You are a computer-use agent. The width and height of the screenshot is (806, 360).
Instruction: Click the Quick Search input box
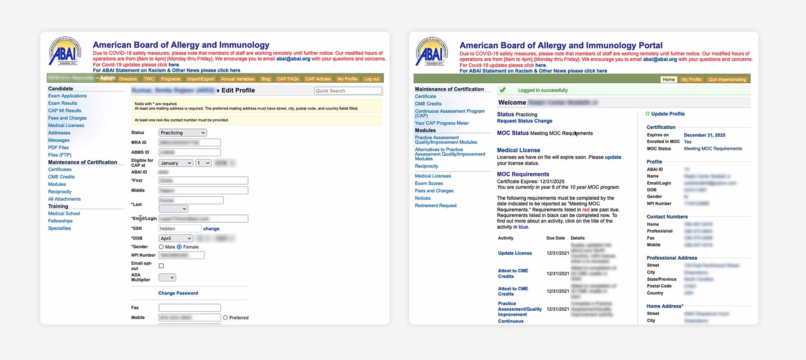click(348, 91)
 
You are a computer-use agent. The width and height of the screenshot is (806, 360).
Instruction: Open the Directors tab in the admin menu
click(128, 79)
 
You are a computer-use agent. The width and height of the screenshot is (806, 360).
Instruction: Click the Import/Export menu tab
click(201, 79)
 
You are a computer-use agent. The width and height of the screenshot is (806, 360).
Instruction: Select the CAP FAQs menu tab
click(287, 79)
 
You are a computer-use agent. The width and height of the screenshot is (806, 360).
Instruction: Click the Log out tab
click(372, 79)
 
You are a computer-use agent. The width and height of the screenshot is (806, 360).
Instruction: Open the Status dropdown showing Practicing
click(183, 133)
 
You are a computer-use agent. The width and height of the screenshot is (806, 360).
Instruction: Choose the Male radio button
click(161, 247)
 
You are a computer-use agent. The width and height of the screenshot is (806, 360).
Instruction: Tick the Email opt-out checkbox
click(161, 266)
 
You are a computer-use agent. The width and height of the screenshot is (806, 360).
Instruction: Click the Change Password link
click(178, 293)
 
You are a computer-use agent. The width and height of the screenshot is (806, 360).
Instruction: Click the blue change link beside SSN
click(211, 229)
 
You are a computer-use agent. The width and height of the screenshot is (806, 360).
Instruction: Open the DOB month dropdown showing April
click(176, 238)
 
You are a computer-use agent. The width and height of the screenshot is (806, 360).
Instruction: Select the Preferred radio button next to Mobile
click(225, 317)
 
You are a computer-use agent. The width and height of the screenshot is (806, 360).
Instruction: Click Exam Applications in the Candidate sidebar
click(67, 96)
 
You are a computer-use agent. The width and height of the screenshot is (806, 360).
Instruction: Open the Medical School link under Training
click(64, 214)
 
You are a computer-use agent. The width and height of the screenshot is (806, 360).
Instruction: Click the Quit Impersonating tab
click(727, 79)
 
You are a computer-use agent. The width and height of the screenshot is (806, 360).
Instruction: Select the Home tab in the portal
click(669, 79)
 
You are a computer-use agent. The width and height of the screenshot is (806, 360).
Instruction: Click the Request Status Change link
click(524, 121)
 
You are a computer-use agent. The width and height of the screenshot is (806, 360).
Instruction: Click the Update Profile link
click(668, 114)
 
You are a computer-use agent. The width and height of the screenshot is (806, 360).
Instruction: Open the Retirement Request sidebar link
click(436, 206)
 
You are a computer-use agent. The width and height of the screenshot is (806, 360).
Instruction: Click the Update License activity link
click(515, 253)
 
